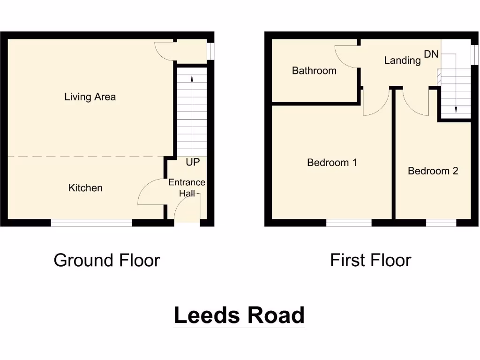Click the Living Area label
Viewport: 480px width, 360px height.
tap(90, 97)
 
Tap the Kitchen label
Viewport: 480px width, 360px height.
tap(85, 188)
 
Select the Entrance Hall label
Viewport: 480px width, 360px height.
tap(187, 187)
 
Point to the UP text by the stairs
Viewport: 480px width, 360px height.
tap(193, 162)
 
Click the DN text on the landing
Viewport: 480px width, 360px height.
tap(431, 54)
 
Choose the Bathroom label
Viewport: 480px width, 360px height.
tap(314, 71)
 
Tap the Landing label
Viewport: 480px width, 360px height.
tap(402, 60)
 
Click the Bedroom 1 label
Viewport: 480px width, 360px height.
tap(332, 163)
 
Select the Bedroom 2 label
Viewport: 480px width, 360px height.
tap(433, 171)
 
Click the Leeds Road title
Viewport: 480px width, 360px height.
tap(239, 315)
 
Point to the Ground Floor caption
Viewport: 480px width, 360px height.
tap(107, 260)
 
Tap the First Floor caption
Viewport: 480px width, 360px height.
tap(370, 260)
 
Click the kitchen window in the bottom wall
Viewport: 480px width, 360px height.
tap(91, 223)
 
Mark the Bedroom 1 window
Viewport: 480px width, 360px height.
tap(349, 223)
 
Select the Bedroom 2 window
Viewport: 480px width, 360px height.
tap(441, 223)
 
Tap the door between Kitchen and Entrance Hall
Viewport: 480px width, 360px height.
tap(151, 192)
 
